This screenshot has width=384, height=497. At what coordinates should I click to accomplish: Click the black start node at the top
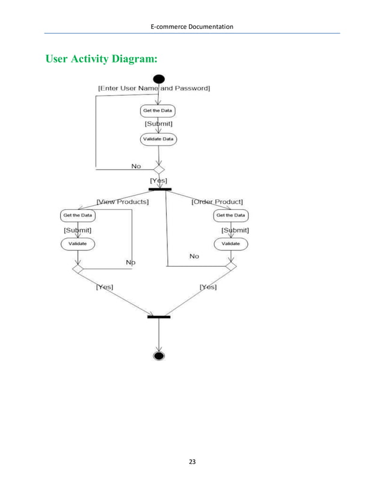click(x=159, y=79)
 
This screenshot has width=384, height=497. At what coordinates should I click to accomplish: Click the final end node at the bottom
click(x=159, y=356)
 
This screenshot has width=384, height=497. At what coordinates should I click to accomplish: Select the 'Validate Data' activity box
click(x=159, y=139)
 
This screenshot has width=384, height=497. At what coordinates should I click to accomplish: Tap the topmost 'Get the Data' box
click(x=158, y=111)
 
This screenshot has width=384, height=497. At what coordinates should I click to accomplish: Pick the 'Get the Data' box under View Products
click(x=78, y=215)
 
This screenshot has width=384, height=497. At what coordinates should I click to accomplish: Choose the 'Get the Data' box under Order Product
click(x=231, y=215)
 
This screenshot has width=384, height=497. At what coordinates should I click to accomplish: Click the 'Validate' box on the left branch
click(x=78, y=244)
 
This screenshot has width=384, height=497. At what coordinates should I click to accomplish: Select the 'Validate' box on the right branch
click(x=231, y=244)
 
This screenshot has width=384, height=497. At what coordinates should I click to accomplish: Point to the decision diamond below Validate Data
click(x=159, y=170)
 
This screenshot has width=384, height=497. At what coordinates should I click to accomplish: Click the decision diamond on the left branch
click(x=78, y=269)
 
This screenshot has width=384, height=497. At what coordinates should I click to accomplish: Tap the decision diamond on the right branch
click(x=231, y=265)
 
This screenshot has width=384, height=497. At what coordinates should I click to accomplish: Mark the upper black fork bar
click(x=159, y=189)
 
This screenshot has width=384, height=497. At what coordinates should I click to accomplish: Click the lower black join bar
click(x=159, y=316)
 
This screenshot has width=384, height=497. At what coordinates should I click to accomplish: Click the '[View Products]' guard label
click(x=123, y=202)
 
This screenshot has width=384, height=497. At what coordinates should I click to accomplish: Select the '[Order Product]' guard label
click(x=217, y=202)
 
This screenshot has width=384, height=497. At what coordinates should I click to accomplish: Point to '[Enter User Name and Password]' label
click(x=153, y=88)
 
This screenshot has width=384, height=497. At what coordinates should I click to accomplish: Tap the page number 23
click(x=192, y=462)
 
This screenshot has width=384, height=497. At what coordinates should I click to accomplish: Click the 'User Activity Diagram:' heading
click(x=102, y=59)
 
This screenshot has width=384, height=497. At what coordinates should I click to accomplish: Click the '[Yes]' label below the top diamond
click(x=158, y=181)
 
